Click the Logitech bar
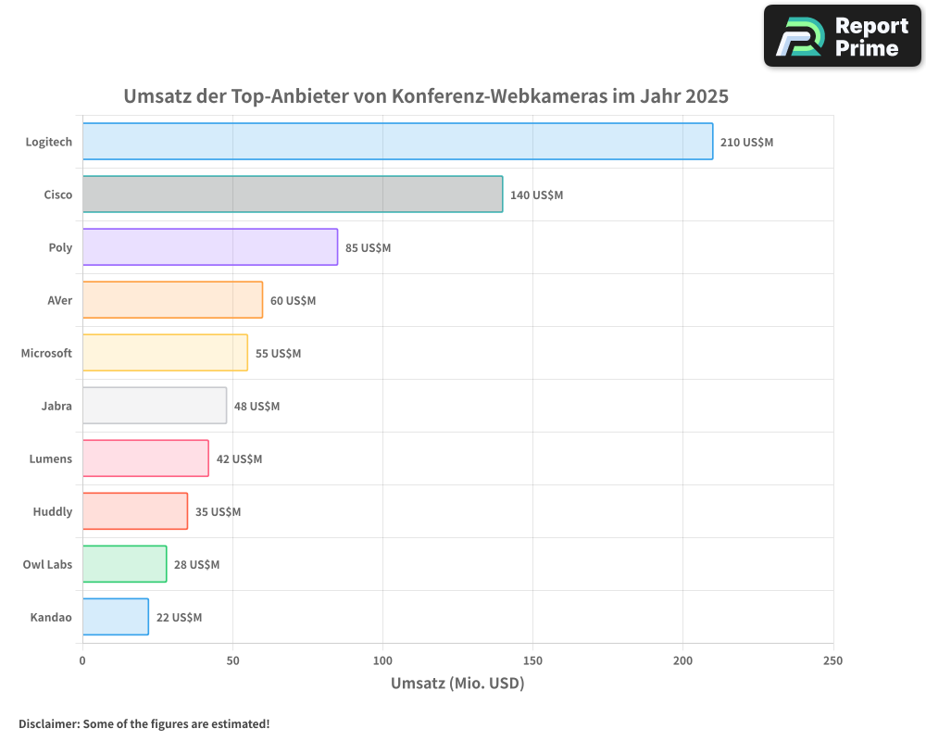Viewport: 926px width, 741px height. tap(397, 142)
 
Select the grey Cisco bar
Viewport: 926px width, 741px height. tap(293, 195)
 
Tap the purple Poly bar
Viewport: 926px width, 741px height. tap(210, 247)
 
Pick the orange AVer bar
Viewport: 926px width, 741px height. tap(172, 300)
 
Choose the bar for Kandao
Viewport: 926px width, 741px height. tap(116, 617)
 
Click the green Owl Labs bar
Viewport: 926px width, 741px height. tap(124, 564)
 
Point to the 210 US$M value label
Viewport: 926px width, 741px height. tap(746, 143)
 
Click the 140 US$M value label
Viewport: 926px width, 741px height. tap(536, 195)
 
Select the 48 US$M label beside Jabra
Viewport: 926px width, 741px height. tap(257, 407)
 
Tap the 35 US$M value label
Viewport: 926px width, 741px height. tap(218, 512)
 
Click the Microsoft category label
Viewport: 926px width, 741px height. tap(46, 353)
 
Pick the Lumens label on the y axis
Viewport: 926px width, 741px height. tap(50, 458)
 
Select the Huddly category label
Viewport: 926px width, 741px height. tap(52, 511)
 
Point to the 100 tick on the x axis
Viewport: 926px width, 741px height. tap(382, 660)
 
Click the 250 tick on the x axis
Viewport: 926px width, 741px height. tap(832, 660)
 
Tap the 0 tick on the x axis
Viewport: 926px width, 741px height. tap(82, 660)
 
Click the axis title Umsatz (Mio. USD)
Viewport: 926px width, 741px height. tap(457, 684)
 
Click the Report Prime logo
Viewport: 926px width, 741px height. tap(842, 36)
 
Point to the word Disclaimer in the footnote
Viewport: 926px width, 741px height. tap(48, 723)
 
